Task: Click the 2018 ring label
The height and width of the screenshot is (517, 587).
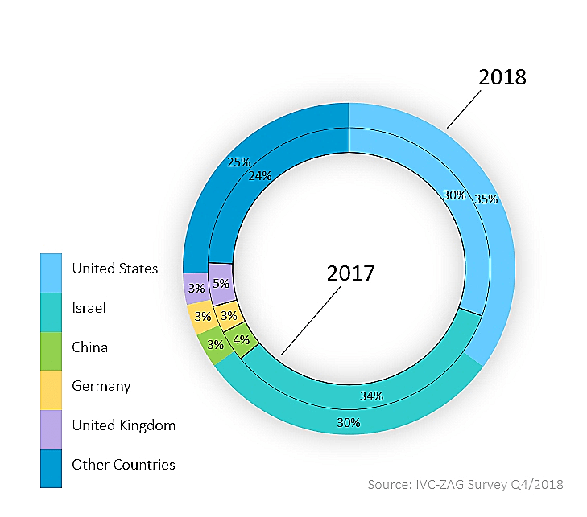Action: point(502,77)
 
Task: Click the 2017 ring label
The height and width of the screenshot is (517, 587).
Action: point(351,273)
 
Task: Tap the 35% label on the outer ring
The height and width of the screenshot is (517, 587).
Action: point(486,199)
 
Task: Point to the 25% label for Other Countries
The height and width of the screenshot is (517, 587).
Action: point(238,162)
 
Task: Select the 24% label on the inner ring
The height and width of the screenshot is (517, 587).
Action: point(259,175)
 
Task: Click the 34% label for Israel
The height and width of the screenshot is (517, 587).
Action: point(371,396)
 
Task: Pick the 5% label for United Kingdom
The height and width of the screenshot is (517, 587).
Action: point(221,283)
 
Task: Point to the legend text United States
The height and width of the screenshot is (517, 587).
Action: point(114,269)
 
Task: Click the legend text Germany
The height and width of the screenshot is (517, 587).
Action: point(101,386)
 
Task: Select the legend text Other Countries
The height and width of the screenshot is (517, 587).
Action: point(123,464)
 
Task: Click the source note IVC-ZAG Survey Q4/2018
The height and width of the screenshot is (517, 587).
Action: point(465,484)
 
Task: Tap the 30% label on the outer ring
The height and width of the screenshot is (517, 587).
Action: point(349,422)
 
